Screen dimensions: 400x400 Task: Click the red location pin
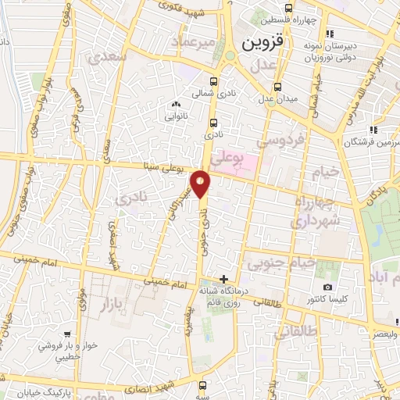(202, 184)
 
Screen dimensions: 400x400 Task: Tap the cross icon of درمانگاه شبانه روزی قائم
(224, 279)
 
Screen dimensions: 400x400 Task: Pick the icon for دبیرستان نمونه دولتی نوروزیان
(330, 34)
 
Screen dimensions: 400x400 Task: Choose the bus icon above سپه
(203, 384)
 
